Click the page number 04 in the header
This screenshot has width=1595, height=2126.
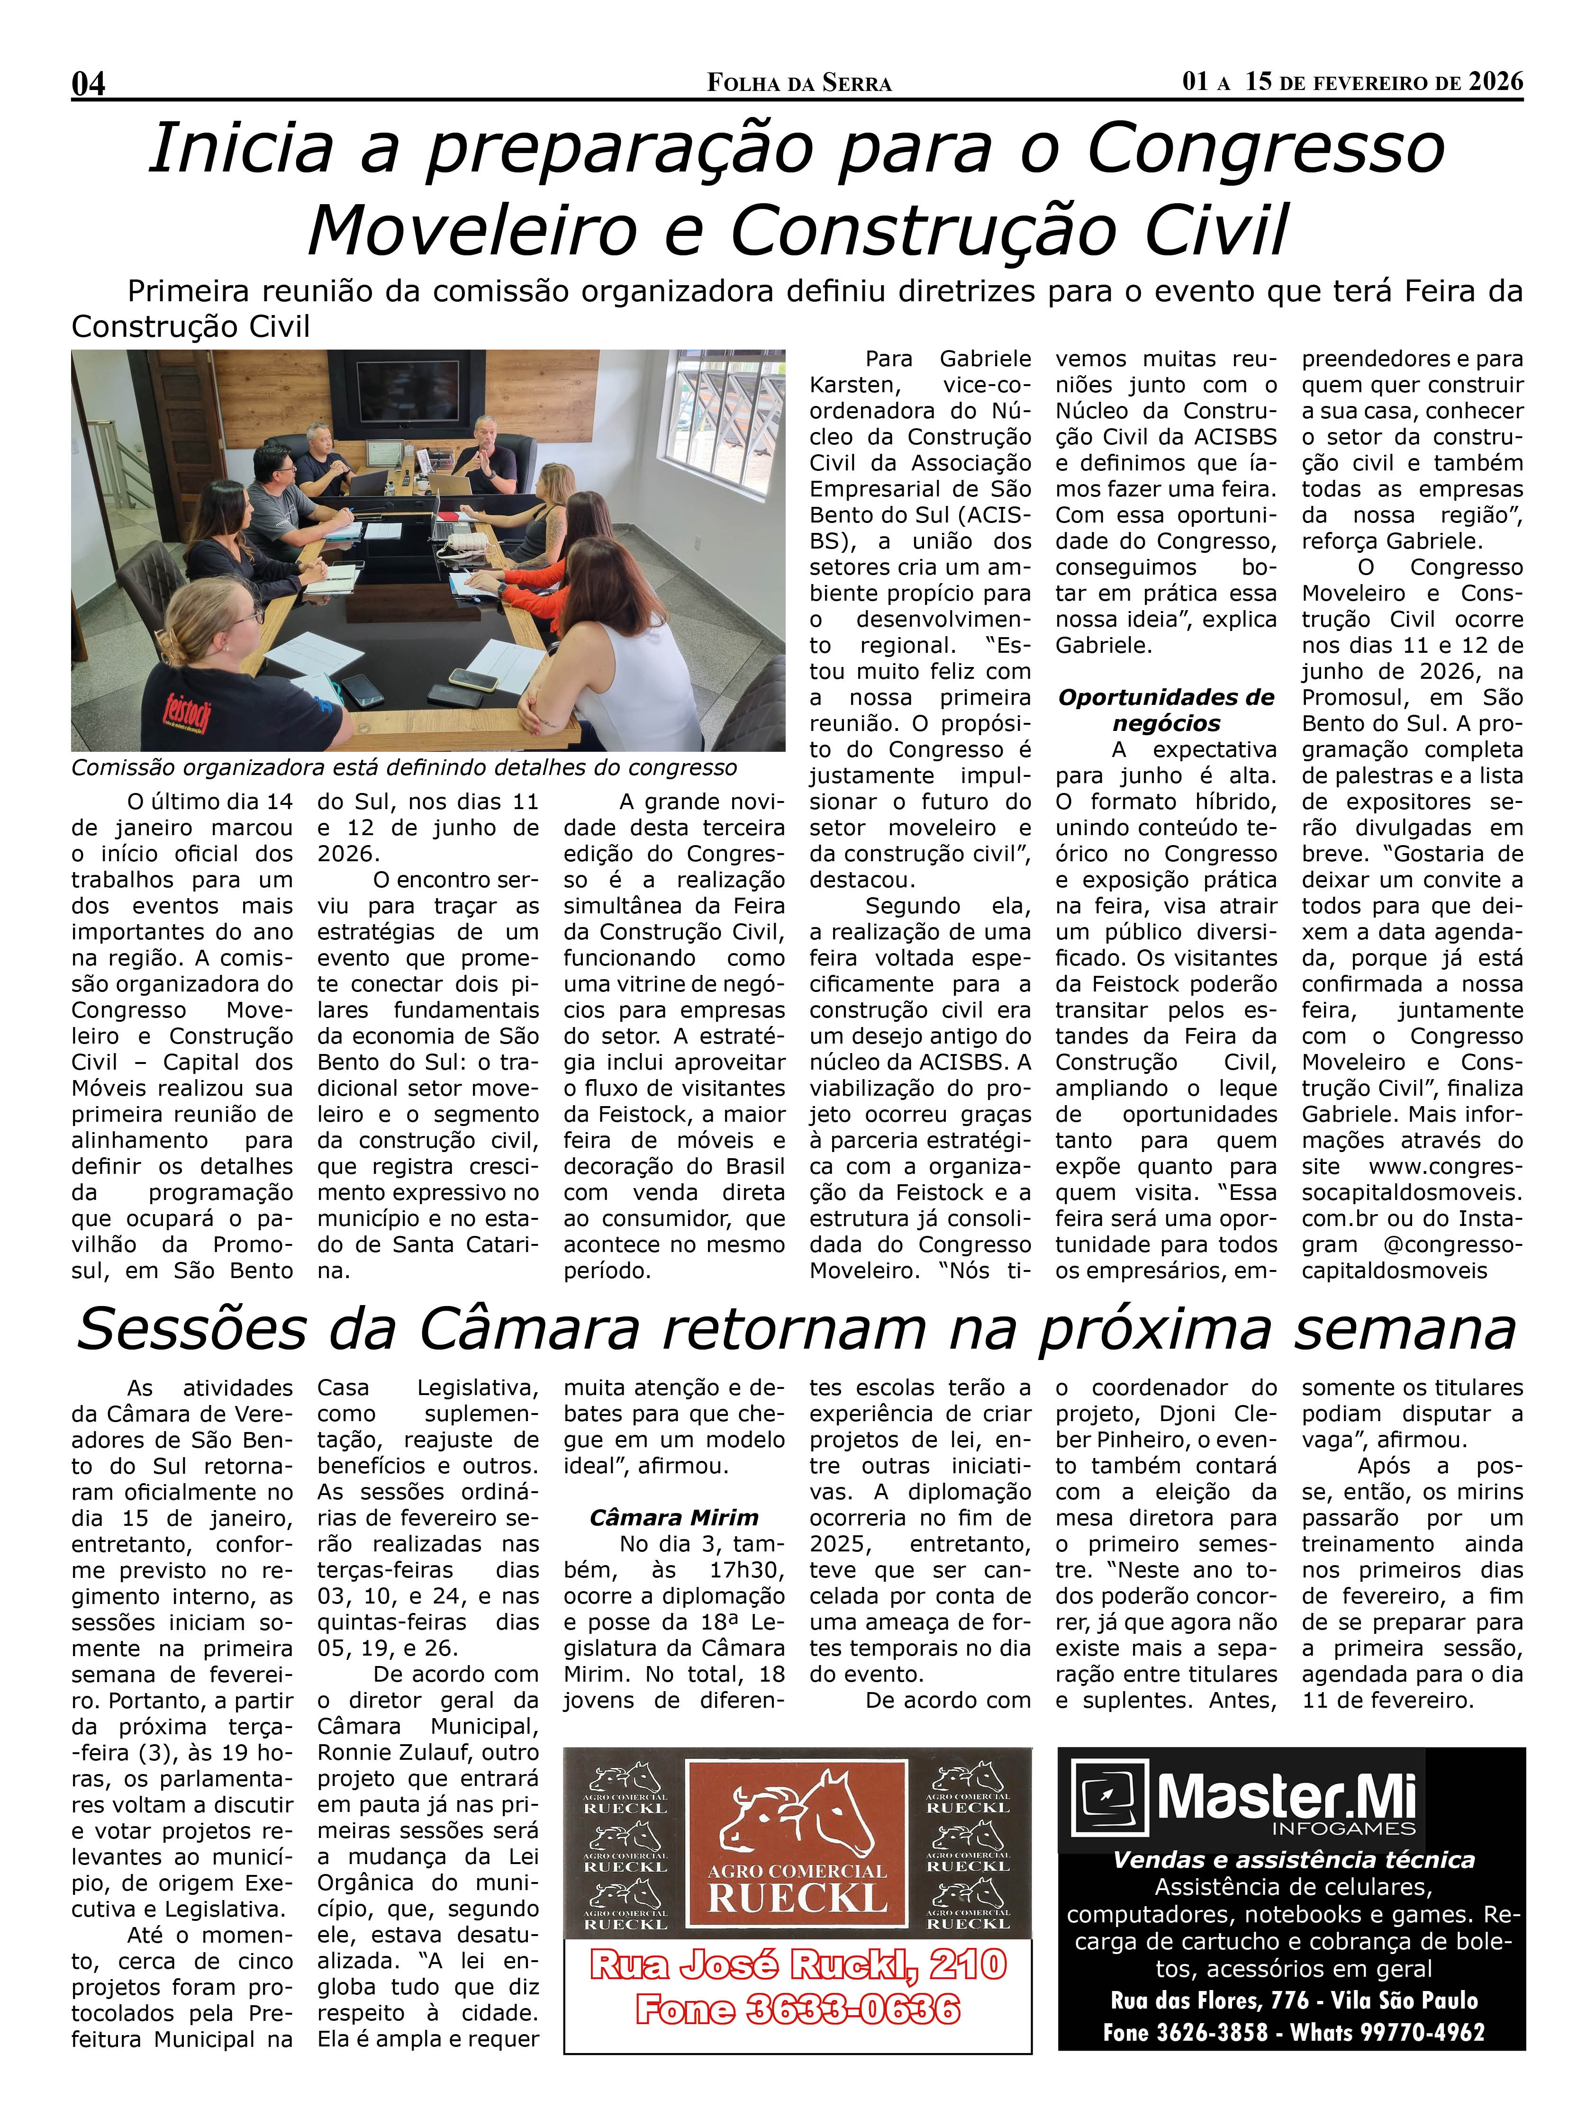coord(89,84)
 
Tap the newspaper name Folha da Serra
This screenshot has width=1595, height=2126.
coord(799,84)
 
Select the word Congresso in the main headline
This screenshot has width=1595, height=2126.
coord(1265,149)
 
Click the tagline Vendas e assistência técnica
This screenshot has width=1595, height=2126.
coord(1292,1860)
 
